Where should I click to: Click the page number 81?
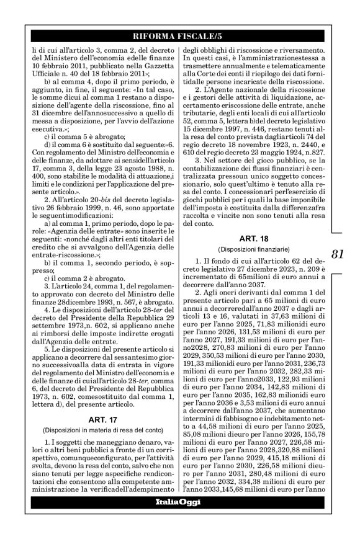[x=338, y=254]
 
